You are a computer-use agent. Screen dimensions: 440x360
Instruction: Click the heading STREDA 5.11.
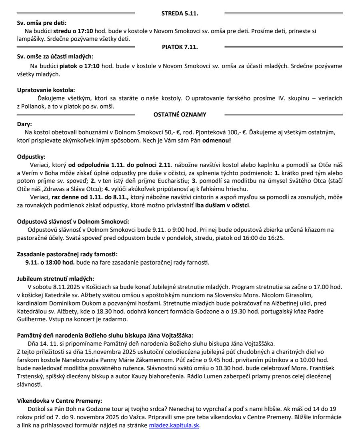point(180,14)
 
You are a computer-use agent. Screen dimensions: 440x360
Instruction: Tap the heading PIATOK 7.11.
point(180,47)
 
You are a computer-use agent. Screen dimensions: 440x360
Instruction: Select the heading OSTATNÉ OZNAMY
point(180,115)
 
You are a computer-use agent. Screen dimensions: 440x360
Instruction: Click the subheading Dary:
point(24,124)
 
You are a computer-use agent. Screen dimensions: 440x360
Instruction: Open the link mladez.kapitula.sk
point(174,425)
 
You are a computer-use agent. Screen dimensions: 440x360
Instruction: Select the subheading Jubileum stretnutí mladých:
point(56,279)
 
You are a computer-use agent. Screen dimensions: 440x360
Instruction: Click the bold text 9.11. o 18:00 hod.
point(50,263)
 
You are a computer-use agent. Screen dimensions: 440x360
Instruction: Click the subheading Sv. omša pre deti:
point(42,23)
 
